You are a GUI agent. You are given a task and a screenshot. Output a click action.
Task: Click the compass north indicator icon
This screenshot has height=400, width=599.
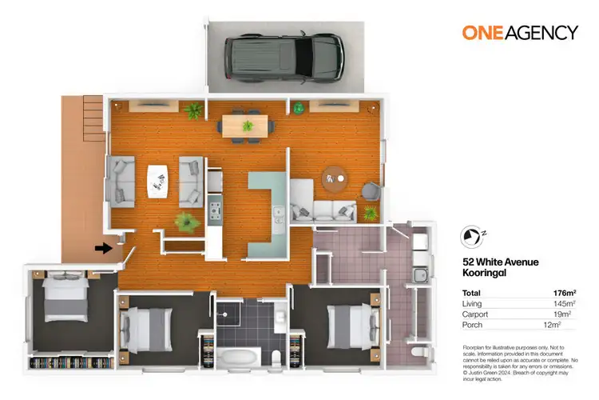473,237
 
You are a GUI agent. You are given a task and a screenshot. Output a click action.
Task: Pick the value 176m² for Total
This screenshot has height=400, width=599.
564,293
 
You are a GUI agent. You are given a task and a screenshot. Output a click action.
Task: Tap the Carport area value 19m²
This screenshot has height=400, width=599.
565,314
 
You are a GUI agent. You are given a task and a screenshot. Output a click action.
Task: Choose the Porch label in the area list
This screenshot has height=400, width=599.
472,326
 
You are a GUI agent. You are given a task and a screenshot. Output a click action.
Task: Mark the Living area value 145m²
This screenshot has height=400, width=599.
564,304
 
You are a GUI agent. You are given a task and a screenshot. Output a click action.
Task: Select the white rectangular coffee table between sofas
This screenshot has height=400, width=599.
157,178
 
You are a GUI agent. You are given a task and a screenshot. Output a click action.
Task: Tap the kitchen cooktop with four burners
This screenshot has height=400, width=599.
216,210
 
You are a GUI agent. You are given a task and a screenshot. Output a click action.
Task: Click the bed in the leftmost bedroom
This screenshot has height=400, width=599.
63,300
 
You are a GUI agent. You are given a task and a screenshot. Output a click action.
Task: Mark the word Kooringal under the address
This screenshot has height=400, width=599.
485,272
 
